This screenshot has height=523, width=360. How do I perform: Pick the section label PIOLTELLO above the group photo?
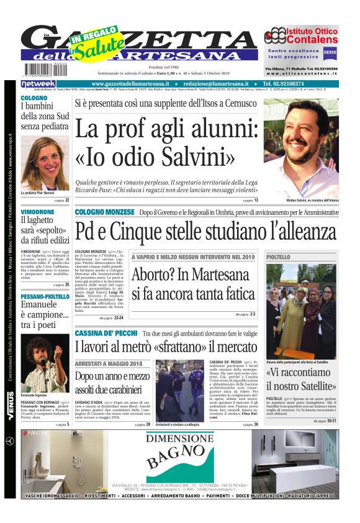[279, 257]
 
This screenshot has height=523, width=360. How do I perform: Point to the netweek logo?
[38, 83]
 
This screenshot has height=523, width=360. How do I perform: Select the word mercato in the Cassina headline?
[225, 347]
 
